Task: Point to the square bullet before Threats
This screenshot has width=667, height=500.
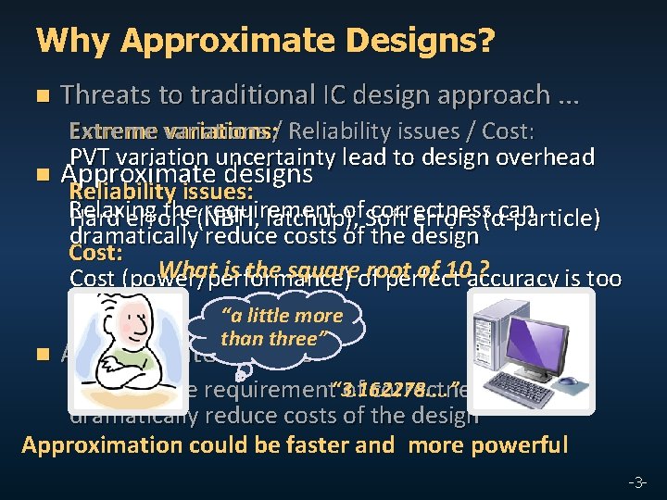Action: [40, 96]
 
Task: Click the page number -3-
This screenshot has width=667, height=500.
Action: [636, 481]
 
